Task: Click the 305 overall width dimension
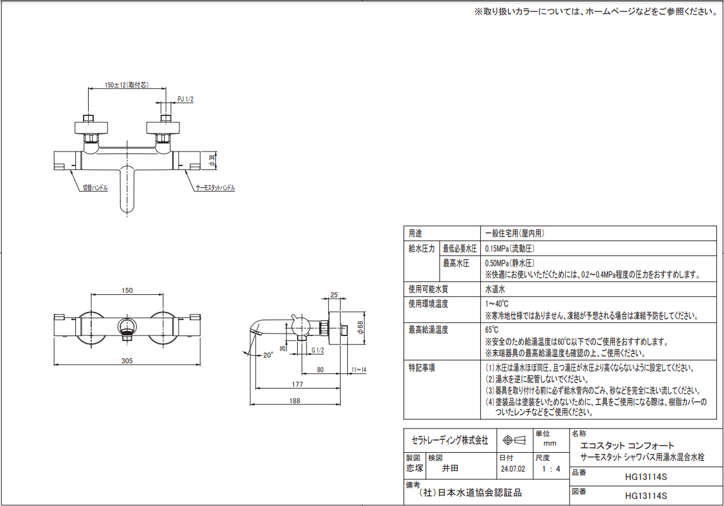point(127,361)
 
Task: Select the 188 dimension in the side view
point(295,401)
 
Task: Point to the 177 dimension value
point(297,384)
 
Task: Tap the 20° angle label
point(268,355)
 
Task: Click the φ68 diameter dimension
point(360,327)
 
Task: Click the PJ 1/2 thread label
point(186,100)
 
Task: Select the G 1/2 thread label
point(318,351)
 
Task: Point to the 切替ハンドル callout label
point(95,188)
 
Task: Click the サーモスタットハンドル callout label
point(215,188)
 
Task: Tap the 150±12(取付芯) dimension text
point(127,86)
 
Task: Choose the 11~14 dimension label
point(359,370)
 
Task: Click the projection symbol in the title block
point(514,441)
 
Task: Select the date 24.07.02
point(512,469)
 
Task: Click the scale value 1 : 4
point(551,469)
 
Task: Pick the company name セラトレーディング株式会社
point(450,441)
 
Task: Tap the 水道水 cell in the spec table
point(495,289)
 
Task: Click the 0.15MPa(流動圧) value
point(510,249)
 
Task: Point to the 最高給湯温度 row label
point(428,330)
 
